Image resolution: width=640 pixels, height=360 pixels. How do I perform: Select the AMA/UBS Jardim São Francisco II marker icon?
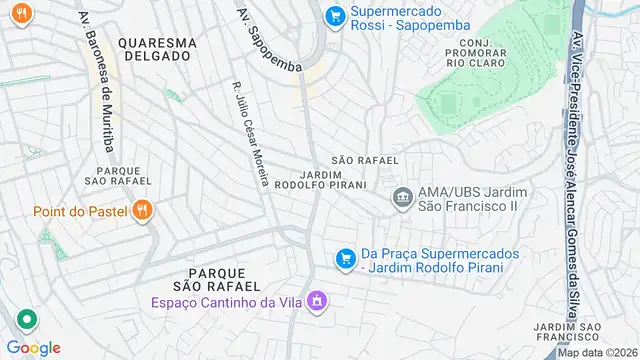(x=403, y=196)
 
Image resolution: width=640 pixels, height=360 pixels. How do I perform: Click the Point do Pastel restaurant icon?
(x=144, y=210)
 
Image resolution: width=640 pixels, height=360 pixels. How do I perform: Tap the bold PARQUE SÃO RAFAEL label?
(x=217, y=279)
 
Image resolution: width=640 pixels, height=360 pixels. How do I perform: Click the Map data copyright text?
(x=598, y=352)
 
